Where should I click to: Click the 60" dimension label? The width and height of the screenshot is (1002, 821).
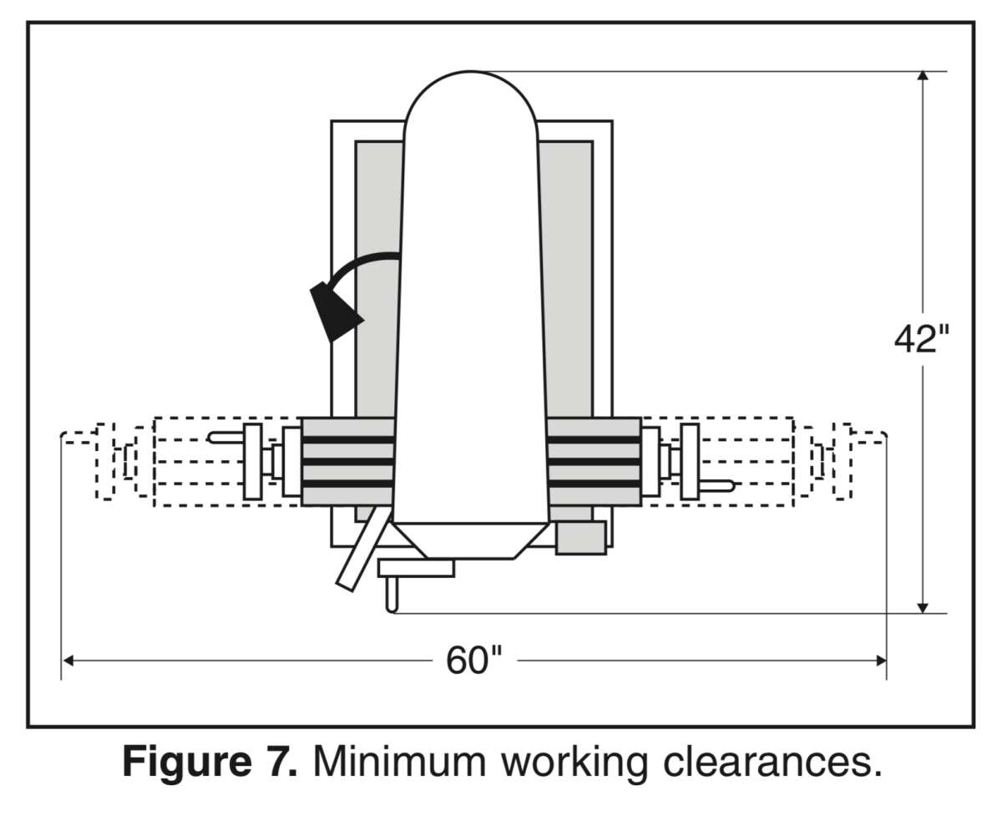coord(473,661)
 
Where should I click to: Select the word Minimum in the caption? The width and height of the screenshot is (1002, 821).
coord(399,761)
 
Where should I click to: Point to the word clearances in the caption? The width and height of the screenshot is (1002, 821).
coord(772,761)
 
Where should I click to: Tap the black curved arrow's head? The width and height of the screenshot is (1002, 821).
coord(334,312)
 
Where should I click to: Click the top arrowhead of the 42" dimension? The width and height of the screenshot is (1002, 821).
coord(922,75)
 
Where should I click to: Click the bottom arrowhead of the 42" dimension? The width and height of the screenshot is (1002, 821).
coord(922,608)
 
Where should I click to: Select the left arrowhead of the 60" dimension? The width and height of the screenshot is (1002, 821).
coord(68,661)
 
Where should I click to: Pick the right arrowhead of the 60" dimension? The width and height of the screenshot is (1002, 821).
coord(881,661)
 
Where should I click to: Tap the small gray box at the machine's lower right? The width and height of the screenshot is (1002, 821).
coord(580,538)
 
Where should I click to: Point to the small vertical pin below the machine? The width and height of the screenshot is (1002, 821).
coord(392,595)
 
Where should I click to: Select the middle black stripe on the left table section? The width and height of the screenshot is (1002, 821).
coord(348,461)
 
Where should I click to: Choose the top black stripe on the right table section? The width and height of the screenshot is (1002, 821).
coord(594,439)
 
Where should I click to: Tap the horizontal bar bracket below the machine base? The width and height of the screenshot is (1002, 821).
coord(416,569)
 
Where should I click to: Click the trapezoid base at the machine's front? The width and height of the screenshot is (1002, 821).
coord(470,541)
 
